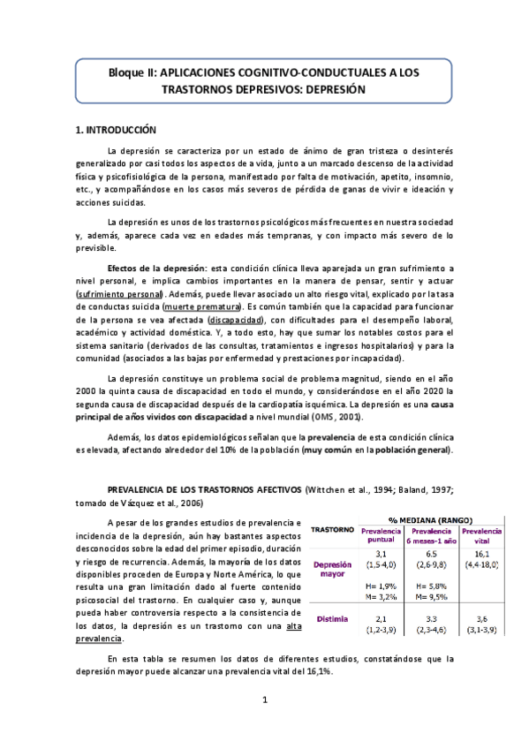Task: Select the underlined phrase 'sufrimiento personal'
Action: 119,292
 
